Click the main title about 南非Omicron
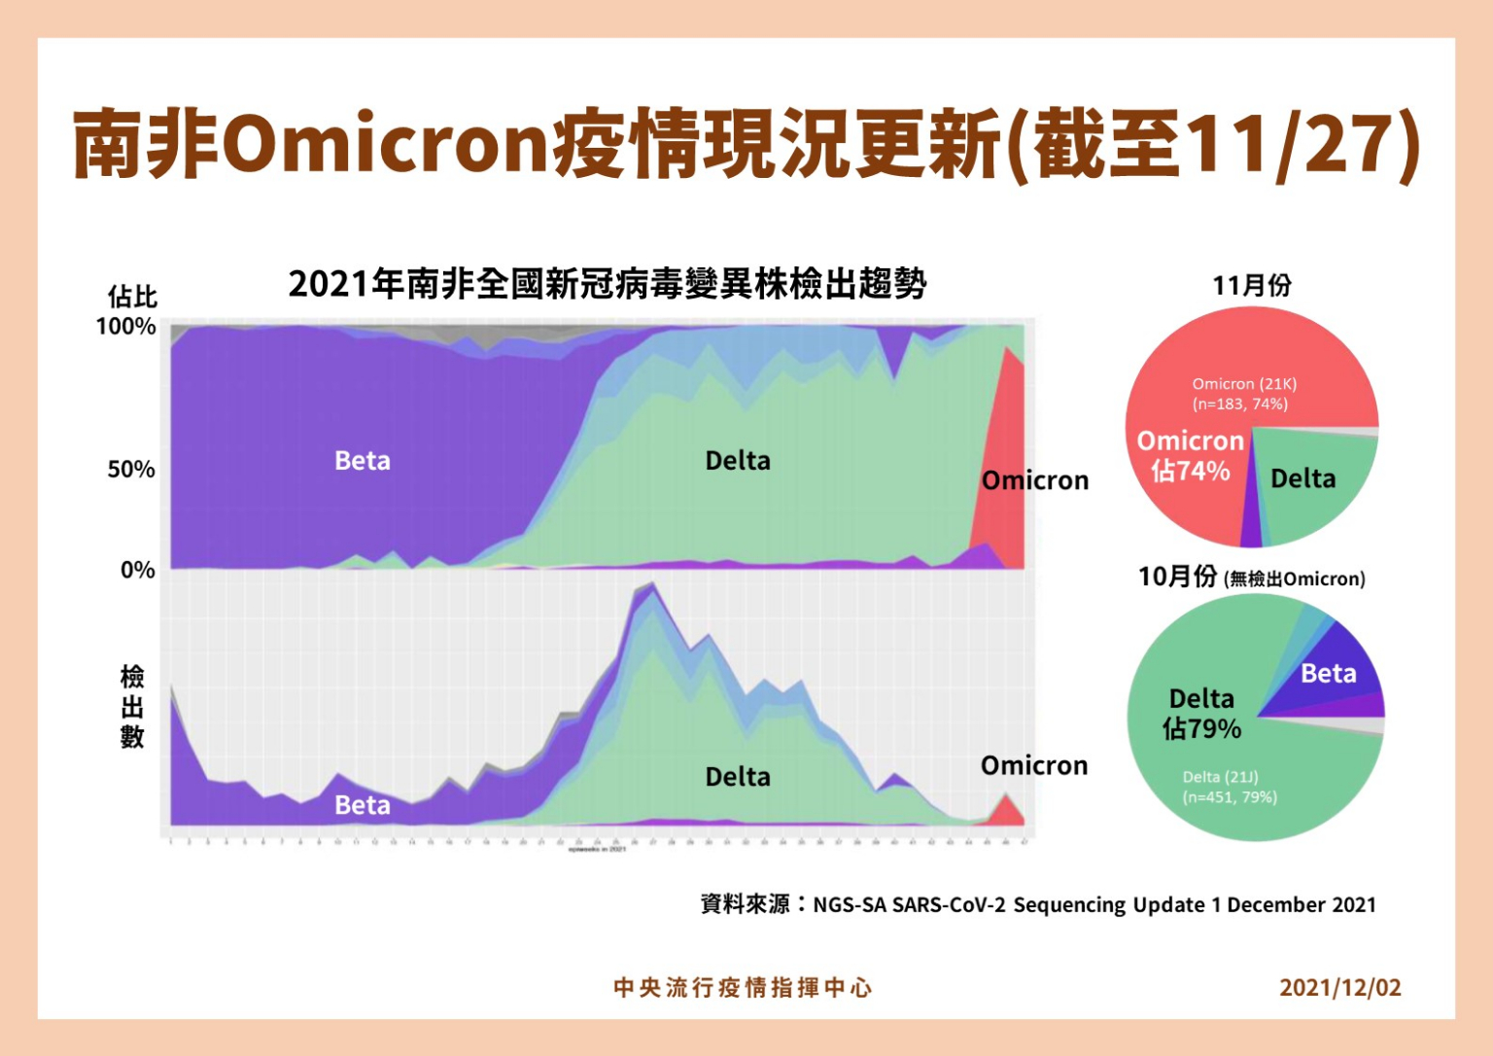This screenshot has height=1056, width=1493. click(x=746, y=144)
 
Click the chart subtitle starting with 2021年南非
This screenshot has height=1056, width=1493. click(x=608, y=284)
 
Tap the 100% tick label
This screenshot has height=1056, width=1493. click(x=125, y=327)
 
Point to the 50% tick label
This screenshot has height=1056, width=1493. click(x=131, y=470)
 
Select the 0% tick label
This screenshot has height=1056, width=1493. click(x=138, y=570)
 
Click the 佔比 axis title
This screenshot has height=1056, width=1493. click(x=132, y=297)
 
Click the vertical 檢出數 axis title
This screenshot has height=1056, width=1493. click(x=132, y=707)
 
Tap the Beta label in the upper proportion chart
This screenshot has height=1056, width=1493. click(x=363, y=461)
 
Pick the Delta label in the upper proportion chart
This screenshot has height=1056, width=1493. click(x=738, y=461)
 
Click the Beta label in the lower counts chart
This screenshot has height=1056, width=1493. click(x=363, y=805)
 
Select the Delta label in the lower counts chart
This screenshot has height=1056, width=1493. click(x=738, y=777)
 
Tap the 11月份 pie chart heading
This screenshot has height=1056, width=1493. click(x=1252, y=286)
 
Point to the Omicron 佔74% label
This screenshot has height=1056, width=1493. click(x=1191, y=456)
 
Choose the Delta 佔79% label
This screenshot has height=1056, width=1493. click(x=1202, y=714)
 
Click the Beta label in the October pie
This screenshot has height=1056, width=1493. click(x=1328, y=674)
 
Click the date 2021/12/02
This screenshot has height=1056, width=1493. click(x=1340, y=988)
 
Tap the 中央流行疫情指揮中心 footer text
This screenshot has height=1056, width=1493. click(x=744, y=988)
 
